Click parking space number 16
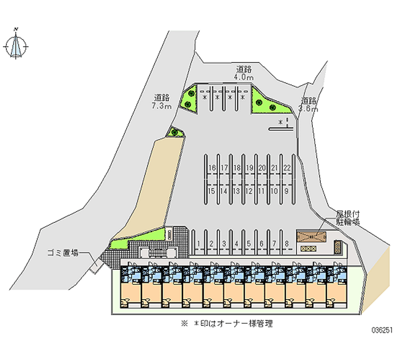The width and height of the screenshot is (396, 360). click(x=212, y=168)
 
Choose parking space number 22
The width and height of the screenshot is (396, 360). click(x=287, y=168)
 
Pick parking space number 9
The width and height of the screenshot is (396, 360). click(x=287, y=191)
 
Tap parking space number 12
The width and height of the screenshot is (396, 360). click(x=249, y=191)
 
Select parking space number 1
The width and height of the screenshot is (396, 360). click(x=199, y=244)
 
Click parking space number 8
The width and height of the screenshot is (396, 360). click(x=287, y=244)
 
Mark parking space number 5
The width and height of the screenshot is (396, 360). click(x=249, y=244)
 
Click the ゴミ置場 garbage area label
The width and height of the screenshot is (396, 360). click(x=63, y=253)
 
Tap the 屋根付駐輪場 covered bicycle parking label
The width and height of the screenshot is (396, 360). click(x=347, y=218)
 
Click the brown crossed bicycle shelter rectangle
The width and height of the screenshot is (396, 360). click(x=312, y=237)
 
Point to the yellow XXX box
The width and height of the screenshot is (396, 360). click(x=308, y=249)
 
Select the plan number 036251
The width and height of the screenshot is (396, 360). click(x=382, y=330)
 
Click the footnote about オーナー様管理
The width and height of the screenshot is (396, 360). click(x=227, y=324)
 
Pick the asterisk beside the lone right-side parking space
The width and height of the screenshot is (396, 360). click(x=280, y=122)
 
